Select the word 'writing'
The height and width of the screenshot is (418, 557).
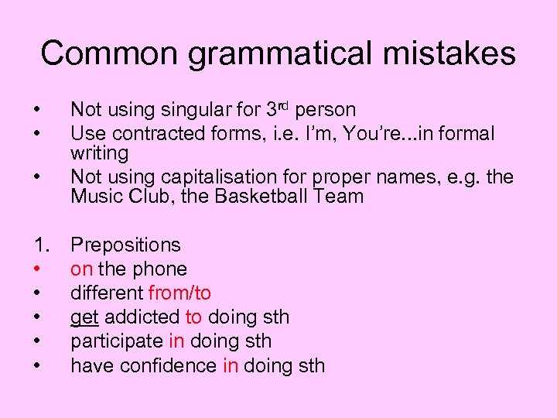click(99, 153)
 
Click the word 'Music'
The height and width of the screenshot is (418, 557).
click(95, 196)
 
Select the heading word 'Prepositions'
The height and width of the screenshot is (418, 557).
click(125, 245)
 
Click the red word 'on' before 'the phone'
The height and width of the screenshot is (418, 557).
click(81, 269)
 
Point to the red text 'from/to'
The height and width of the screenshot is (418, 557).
click(179, 293)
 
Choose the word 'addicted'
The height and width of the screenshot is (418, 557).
click(140, 317)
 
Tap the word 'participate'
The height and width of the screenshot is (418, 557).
click(116, 341)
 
